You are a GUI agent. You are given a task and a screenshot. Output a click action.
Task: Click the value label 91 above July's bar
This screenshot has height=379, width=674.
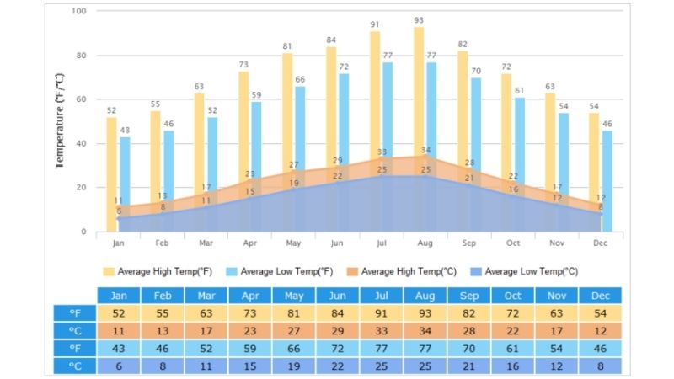coord(375,24)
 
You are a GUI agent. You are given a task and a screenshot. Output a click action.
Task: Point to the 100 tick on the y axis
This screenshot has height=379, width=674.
coord(78,12)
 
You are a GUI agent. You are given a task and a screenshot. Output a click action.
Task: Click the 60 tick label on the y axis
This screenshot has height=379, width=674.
coord(81,99)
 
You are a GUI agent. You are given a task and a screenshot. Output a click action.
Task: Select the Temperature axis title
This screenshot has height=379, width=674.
coord(60,120)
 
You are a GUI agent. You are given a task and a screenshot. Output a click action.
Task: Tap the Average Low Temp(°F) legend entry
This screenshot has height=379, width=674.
coord(282,271)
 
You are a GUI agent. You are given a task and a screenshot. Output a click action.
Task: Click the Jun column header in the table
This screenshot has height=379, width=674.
coord(338,296)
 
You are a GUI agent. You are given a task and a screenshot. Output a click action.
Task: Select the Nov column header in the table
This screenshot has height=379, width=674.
coord(557,296)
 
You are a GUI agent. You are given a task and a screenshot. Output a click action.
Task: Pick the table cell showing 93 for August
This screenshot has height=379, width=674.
coord(425,313)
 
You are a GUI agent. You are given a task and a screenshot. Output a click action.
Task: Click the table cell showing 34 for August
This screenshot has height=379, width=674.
coord(425,331)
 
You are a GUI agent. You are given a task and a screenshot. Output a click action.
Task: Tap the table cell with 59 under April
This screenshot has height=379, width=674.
coord(250,349)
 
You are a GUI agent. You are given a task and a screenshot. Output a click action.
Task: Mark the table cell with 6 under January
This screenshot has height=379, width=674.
coord(119,366)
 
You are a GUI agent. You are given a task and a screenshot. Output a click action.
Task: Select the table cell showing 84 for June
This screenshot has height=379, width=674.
coord(338,313)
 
